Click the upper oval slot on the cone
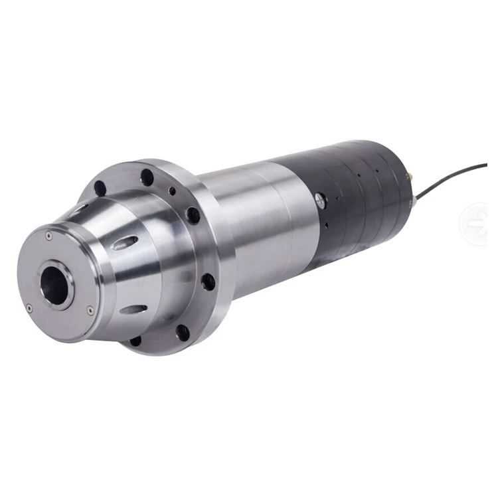point(125,243)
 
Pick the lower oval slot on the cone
point(133,309)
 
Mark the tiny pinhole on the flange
point(173,191)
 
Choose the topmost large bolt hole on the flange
point(147,177)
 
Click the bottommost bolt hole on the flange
point(135,341)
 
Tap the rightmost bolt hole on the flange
point(208,282)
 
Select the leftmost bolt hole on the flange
point(100,188)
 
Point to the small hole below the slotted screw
point(327,226)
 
